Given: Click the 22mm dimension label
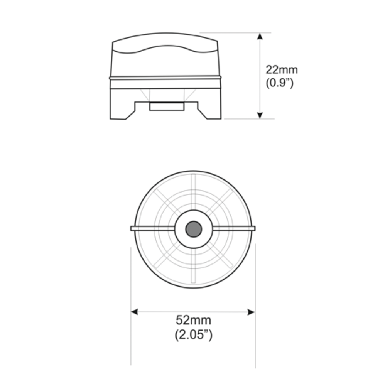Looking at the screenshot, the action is [282, 70].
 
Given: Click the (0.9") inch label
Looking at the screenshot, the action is [279, 83].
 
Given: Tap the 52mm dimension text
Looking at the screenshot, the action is [194, 320].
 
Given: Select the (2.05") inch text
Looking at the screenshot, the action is [194, 334].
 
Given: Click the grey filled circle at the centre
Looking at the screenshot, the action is [194, 229].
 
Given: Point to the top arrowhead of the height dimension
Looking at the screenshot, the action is [260, 36].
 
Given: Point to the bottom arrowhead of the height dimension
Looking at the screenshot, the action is [260, 115].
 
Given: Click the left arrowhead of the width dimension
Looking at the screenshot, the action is [134, 312].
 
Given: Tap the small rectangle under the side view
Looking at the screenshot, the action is [167, 106].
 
